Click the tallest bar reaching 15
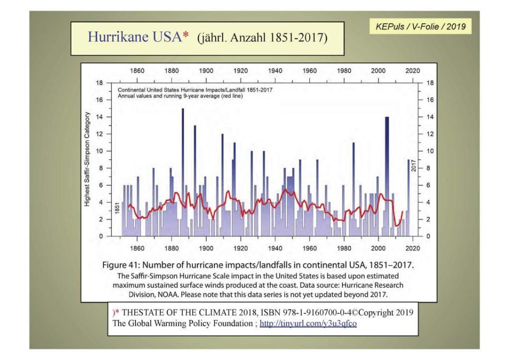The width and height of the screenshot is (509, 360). [x=183, y=172]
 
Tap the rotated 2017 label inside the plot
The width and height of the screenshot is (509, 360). [x=413, y=165]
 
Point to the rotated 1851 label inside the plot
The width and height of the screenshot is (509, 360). [x=117, y=208]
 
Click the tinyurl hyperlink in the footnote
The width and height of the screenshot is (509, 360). [x=308, y=324]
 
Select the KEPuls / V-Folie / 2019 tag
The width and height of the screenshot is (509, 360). [x=420, y=26]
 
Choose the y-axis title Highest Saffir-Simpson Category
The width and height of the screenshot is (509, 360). [x=87, y=159]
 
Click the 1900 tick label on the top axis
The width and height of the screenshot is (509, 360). [x=206, y=71]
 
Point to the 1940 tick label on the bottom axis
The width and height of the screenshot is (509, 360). [x=275, y=248]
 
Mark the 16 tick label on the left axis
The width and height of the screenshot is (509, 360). [x=100, y=100]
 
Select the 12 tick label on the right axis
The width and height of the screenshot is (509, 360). [x=430, y=134]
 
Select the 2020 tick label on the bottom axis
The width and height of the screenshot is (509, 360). [x=412, y=248]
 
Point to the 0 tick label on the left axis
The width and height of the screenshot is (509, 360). [x=101, y=236]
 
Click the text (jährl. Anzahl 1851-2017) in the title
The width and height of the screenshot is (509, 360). [x=262, y=38]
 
